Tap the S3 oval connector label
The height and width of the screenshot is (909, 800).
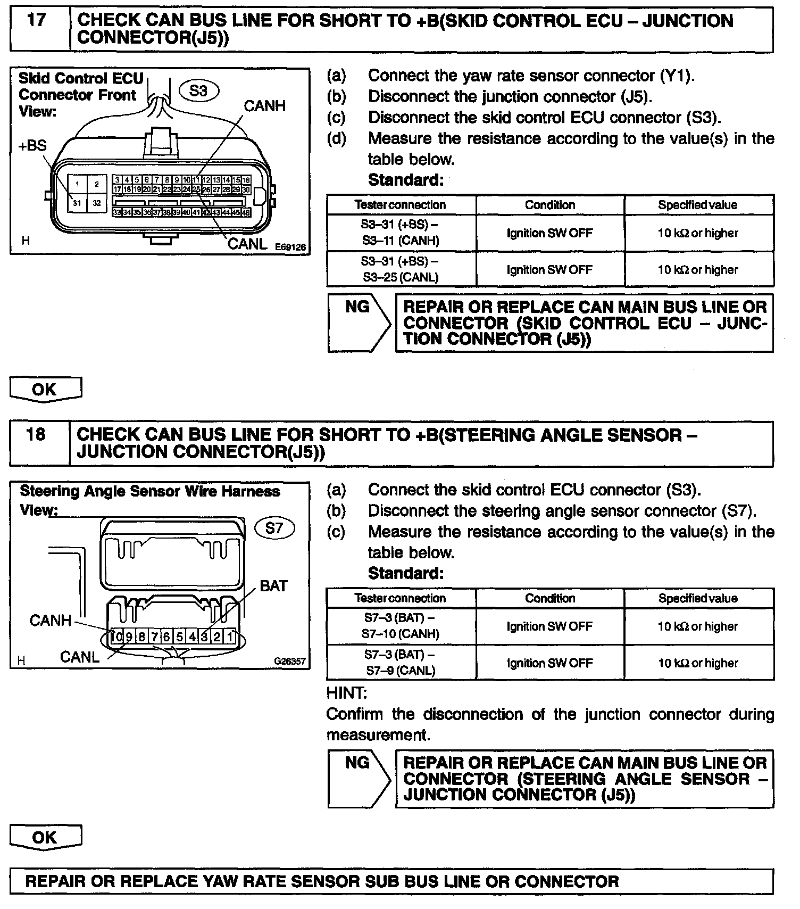[x=198, y=91]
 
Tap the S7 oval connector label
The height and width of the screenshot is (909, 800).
[x=274, y=528]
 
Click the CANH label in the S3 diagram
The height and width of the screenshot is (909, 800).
[x=264, y=106]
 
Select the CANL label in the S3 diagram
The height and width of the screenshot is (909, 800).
[x=247, y=244]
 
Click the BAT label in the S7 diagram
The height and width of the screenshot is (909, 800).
[x=273, y=586]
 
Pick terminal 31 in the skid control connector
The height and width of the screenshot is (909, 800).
[x=77, y=203]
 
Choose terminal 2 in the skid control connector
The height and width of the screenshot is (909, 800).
[x=96, y=184]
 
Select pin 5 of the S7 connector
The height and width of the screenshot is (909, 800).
[x=180, y=637]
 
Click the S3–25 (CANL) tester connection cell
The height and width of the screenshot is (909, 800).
[x=401, y=269]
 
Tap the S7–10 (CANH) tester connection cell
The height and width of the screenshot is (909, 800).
[x=401, y=626]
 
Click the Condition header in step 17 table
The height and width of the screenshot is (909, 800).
[x=550, y=205]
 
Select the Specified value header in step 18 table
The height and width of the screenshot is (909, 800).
[x=698, y=598]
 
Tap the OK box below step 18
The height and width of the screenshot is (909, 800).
[x=46, y=837]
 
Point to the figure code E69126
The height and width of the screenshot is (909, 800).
[x=290, y=247]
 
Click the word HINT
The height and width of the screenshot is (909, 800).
[x=346, y=693]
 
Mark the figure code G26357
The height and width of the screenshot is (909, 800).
[x=290, y=662]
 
